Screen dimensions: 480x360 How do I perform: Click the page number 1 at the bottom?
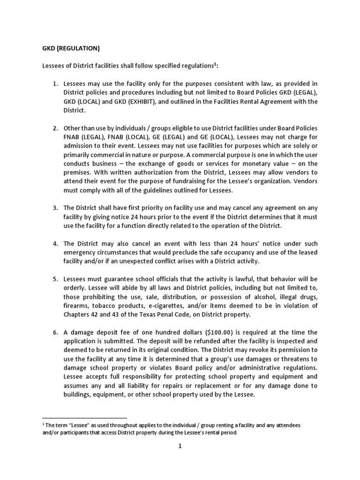pos(180,446)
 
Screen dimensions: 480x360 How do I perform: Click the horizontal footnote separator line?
pos(84,417)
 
